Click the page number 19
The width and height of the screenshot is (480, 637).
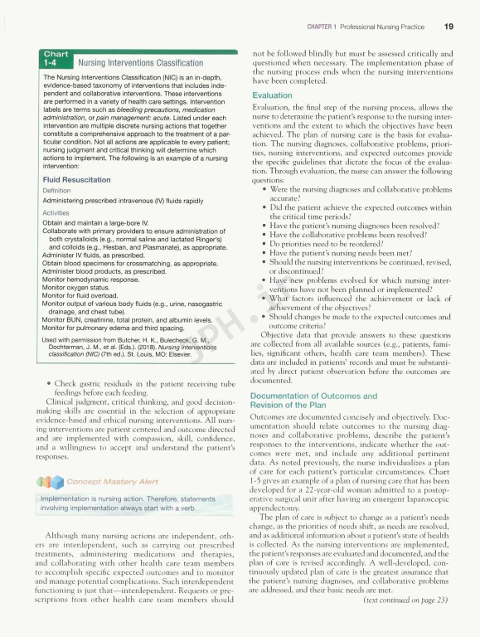tap(448, 26)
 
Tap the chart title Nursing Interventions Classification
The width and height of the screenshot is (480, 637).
tap(140, 62)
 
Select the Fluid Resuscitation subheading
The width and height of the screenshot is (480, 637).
tap(75, 179)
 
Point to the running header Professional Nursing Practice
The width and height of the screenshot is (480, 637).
tap(385, 27)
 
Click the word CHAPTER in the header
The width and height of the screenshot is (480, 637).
tap(319, 27)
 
